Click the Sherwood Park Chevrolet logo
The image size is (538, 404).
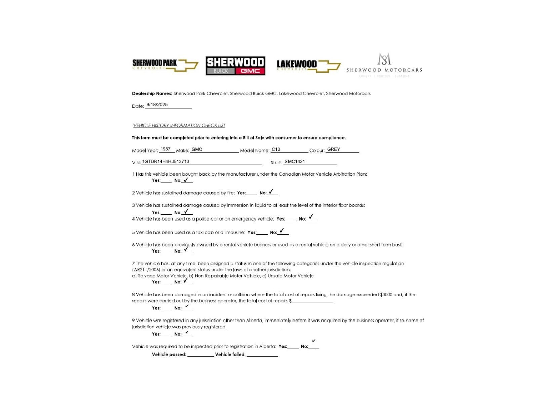point(165,65)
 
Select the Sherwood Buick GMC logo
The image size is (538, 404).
point(235,66)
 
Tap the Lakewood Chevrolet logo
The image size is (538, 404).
point(308,65)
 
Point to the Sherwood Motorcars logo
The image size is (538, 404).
point(384,65)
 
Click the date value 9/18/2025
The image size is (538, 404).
point(157,105)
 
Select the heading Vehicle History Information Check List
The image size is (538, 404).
point(179,125)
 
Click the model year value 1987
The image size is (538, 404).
point(165,149)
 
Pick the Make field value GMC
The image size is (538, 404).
point(197,149)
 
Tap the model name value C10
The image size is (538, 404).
point(276,149)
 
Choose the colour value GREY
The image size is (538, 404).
point(333,149)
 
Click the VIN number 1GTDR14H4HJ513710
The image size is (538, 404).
point(165,162)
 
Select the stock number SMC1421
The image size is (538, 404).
point(295,162)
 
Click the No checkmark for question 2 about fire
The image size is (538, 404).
point(271,192)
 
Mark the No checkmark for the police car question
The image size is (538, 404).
point(311,217)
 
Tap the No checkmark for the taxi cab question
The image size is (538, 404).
point(282,231)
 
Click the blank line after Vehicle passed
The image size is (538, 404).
point(200,355)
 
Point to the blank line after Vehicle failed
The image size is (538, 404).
point(262,355)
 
